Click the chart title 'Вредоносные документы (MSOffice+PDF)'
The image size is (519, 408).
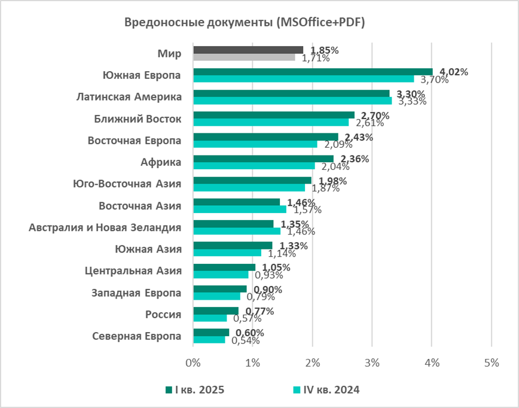tap(245, 23)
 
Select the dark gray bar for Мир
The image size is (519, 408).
tap(248, 50)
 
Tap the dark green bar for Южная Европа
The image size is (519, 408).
tap(312, 72)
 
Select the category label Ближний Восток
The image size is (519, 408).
tap(138, 119)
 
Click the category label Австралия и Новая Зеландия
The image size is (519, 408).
tap(105, 227)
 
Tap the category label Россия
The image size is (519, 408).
tap(163, 314)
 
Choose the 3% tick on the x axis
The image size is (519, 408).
tap(372, 363)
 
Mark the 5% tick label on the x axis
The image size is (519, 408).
tap(491, 363)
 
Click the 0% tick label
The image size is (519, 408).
tap(193, 363)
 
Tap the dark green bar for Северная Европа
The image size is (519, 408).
tap(210, 333)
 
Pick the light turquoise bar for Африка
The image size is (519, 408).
tap(254, 166)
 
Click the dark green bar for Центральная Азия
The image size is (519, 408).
tap(224, 267)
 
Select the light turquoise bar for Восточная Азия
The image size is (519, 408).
tap(239, 209)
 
